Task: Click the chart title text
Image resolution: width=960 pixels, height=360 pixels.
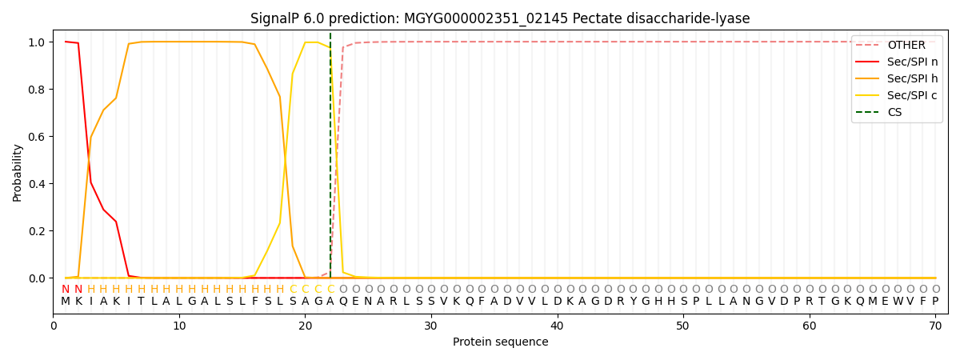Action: coord(500,18)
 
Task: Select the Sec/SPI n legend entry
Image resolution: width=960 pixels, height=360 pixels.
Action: coord(912,62)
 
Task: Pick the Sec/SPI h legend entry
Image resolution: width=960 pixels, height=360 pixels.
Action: coord(912,79)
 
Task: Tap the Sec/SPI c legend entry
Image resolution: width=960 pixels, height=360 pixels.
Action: coord(912,96)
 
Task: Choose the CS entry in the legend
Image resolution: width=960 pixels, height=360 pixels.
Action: coord(894,113)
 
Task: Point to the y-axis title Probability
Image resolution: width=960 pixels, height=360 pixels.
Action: coord(18,172)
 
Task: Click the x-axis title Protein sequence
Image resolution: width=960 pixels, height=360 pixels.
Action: coord(500,342)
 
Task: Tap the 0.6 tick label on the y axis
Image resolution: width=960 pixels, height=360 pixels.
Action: coord(36,137)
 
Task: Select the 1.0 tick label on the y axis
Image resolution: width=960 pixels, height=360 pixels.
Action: coord(36,42)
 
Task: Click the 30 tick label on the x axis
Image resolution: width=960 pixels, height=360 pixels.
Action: coord(431,326)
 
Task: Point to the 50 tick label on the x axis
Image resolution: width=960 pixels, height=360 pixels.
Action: coord(682,326)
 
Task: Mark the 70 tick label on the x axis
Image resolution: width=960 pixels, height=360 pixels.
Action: coord(934,326)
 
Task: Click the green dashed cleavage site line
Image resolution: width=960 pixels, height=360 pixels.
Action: coord(330,160)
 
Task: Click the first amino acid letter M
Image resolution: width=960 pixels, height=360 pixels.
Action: coord(66,302)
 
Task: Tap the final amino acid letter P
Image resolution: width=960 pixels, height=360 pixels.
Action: coord(934,302)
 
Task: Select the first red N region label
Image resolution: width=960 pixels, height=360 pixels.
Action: coord(66,290)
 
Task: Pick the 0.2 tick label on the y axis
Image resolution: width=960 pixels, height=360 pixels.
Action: coord(36,231)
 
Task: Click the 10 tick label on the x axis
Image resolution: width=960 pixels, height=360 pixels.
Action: coord(179,326)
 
